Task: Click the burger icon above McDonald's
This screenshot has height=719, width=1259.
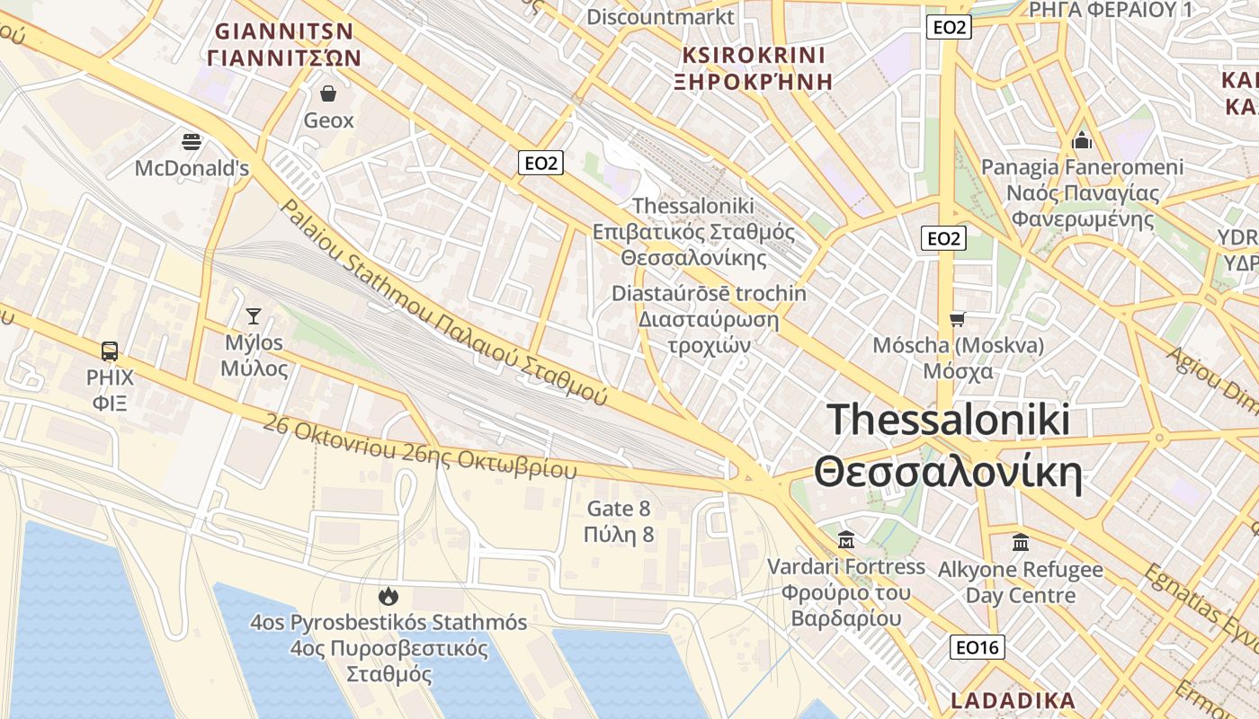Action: click(x=192, y=141)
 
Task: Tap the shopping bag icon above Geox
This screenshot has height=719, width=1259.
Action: click(x=328, y=93)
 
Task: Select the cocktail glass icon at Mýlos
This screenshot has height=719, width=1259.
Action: click(x=254, y=315)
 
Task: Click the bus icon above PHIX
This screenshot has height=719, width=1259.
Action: click(x=110, y=351)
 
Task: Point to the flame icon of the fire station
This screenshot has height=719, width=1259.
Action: click(x=388, y=596)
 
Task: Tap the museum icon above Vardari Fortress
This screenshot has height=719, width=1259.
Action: click(x=845, y=539)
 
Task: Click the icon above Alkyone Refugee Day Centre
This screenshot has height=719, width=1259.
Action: click(x=1021, y=542)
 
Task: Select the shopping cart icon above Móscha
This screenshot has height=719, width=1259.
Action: click(x=958, y=319)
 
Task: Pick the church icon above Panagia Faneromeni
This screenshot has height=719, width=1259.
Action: click(x=1082, y=140)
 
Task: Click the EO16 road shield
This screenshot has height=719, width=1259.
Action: click(x=978, y=647)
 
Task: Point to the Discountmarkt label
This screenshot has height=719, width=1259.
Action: click(x=660, y=16)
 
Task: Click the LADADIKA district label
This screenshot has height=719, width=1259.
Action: click(x=1013, y=701)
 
